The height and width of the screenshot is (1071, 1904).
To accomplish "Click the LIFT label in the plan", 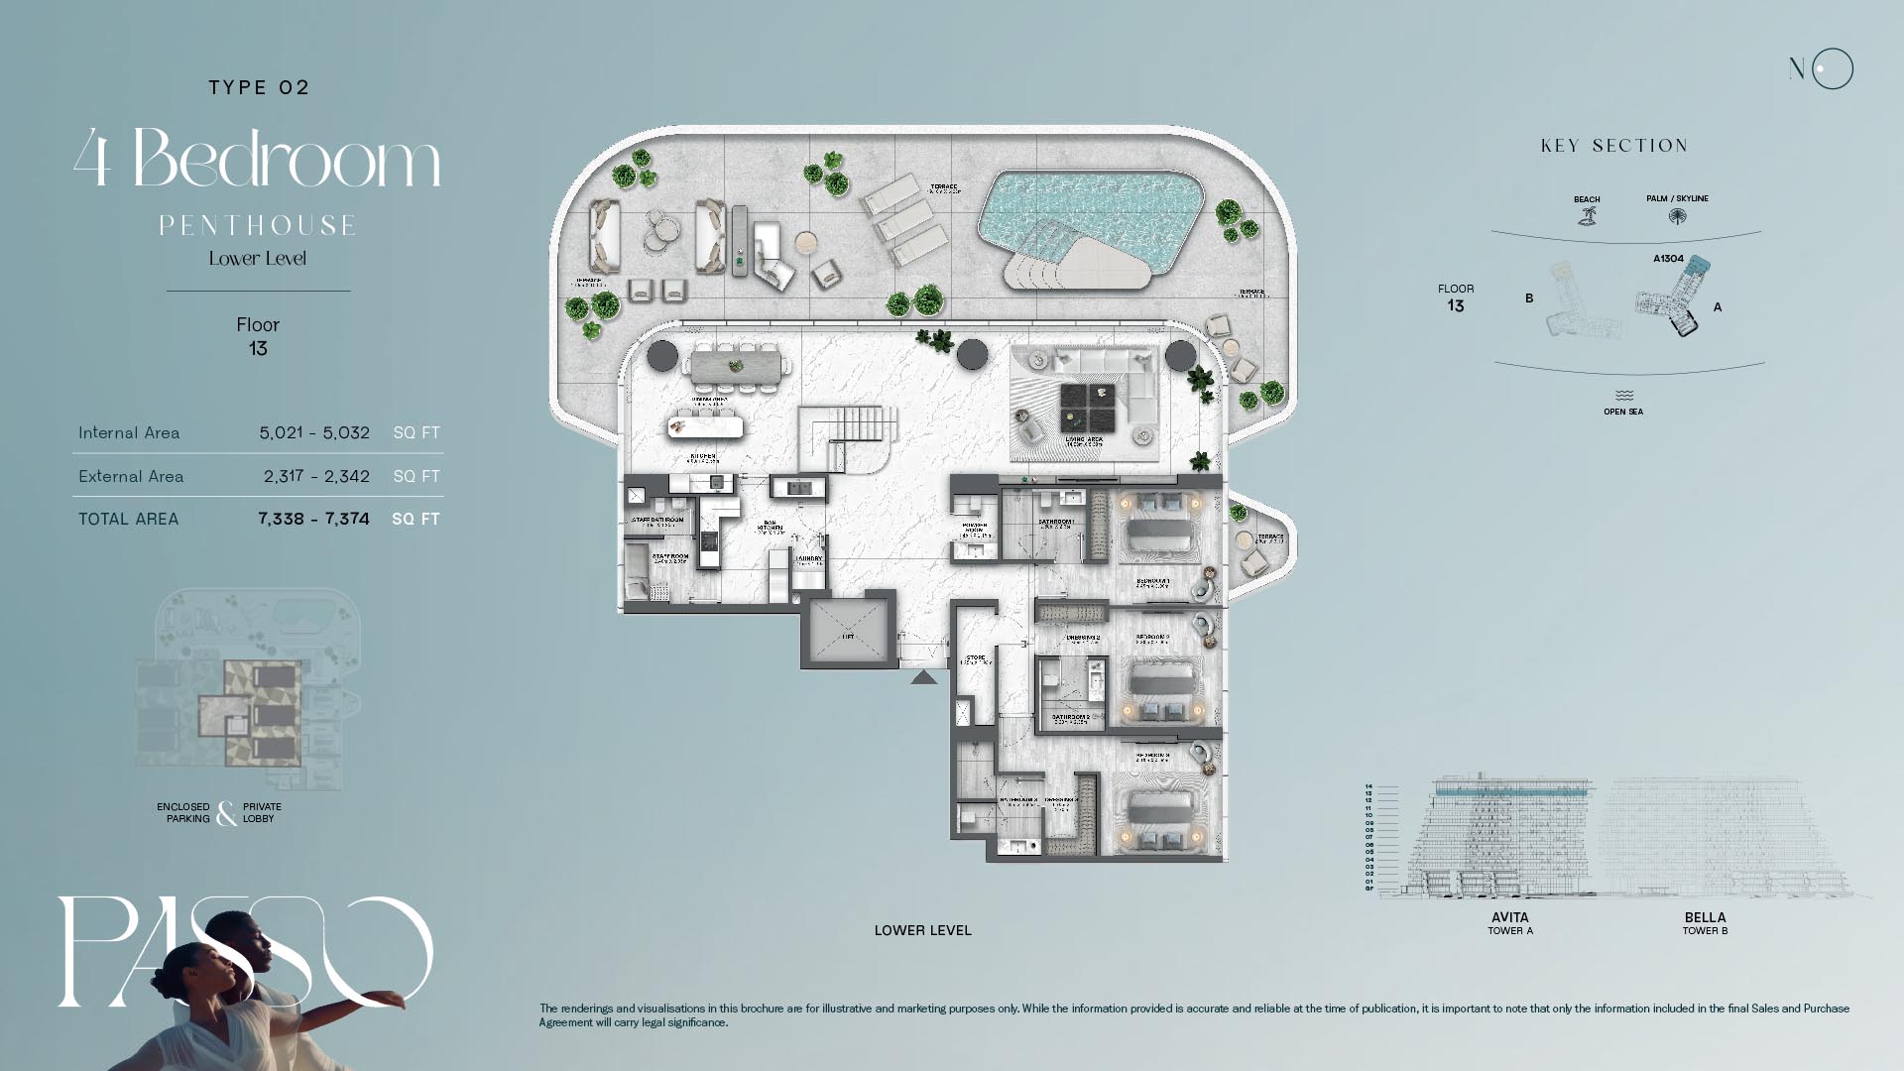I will coord(848,637).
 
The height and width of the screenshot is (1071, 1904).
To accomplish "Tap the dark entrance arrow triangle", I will coord(923,677).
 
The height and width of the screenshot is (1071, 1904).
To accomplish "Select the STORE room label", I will coord(976,659).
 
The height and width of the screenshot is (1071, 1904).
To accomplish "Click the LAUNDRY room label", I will coord(809,560).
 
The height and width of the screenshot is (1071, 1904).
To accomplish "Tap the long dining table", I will coord(735,365).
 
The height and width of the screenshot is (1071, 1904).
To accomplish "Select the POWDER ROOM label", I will coord(974,529).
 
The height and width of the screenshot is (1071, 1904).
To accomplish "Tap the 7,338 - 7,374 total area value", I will coord(313,519).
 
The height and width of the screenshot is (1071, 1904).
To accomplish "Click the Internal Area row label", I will coord(129,432).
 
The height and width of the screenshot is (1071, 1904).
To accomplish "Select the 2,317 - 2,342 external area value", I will coord(316,476).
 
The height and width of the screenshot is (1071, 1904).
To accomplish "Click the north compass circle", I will coord(1832,69).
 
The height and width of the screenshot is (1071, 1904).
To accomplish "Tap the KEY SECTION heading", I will coord(1613,146).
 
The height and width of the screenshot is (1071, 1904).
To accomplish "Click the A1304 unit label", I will coord(1668,259).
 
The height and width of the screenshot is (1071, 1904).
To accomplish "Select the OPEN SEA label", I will coord(1623,412).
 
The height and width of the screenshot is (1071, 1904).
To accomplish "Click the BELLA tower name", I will coord(1705,917).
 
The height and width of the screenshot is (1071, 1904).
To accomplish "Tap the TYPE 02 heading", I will coord(259,87).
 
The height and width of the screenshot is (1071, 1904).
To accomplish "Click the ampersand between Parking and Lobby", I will coord(226,813).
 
